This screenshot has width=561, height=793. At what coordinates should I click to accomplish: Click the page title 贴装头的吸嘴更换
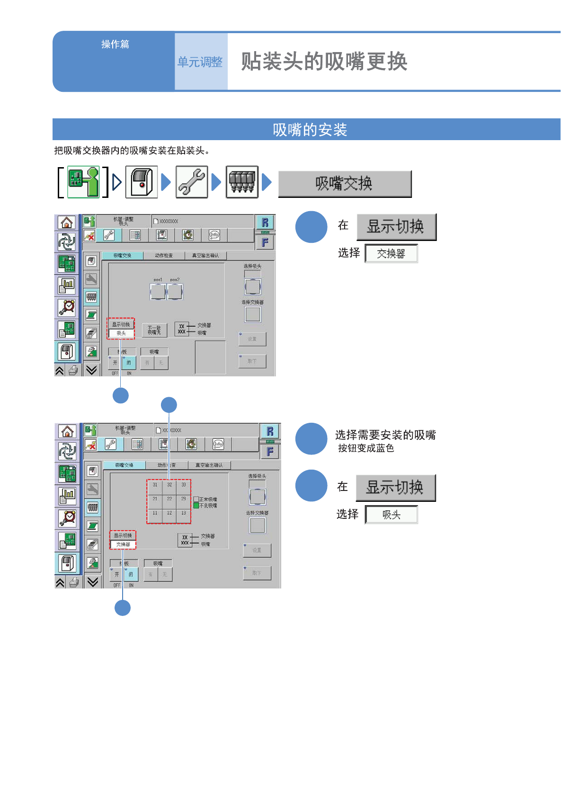tap(324, 62)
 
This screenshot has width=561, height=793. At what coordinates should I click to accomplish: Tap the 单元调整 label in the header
tap(200, 62)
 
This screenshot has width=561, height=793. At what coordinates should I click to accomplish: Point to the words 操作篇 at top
tap(115, 44)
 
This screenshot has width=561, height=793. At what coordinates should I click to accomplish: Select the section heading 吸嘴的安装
tap(310, 129)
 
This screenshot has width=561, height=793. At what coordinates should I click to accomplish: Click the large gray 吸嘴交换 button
tap(344, 184)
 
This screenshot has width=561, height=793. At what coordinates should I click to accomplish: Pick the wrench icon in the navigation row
tap(192, 182)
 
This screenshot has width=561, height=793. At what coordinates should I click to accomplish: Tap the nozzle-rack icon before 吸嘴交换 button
tap(242, 182)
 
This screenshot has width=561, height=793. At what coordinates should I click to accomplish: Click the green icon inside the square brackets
tap(83, 182)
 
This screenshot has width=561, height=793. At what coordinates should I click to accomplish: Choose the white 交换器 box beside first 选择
tap(391, 254)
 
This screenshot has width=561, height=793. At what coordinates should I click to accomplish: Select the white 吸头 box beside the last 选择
tap(391, 515)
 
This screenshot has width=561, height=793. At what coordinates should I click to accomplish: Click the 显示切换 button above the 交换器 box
tap(396, 227)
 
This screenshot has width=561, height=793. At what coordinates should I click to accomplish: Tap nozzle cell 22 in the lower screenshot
tap(169, 499)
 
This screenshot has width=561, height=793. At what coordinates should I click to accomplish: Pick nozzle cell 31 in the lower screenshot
tap(155, 485)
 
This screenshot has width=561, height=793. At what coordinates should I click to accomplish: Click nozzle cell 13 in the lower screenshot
tap(184, 513)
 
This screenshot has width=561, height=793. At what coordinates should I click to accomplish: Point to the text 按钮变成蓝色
tap(365, 448)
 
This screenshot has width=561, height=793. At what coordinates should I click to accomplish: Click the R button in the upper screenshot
tap(265, 222)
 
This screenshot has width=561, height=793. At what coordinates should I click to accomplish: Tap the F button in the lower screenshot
tap(270, 452)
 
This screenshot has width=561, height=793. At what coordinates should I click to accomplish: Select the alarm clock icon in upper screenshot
tap(67, 307)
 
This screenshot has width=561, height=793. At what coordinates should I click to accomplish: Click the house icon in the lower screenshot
tap(67, 431)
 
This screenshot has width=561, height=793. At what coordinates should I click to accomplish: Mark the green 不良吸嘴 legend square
tap(196, 506)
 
